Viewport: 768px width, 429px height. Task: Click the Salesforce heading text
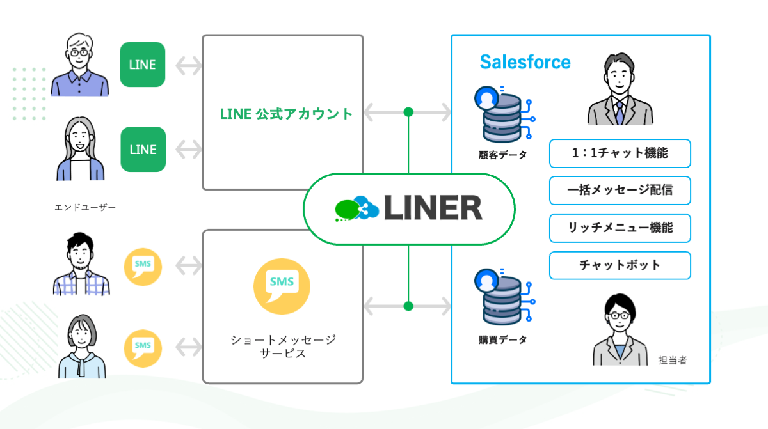pyautogui.click(x=525, y=62)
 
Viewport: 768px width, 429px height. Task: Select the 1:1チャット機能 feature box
pyautogui.click(x=620, y=153)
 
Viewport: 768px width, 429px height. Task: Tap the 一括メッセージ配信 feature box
pyautogui.click(x=620, y=191)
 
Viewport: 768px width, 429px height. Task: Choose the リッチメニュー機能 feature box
pyautogui.click(x=620, y=228)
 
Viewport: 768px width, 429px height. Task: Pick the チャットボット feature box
pyautogui.click(x=620, y=265)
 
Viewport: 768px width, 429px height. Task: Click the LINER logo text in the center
pyautogui.click(x=433, y=208)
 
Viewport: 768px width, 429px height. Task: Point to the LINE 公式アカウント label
pyautogui.click(x=286, y=114)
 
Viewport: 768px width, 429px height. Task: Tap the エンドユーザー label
pyautogui.click(x=85, y=207)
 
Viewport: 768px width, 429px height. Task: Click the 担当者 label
pyautogui.click(x=673, y=361)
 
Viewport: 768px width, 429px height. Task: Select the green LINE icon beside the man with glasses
pyautogui.click(x=143, y=65)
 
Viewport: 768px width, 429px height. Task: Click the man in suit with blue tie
pyautogui.click(x=619, y=90)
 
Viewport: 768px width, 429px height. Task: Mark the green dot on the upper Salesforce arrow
pyautogui.click(x=408, y=113)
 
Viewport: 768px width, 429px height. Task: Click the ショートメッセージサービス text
pyautogui.click(x=283, y=346)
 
